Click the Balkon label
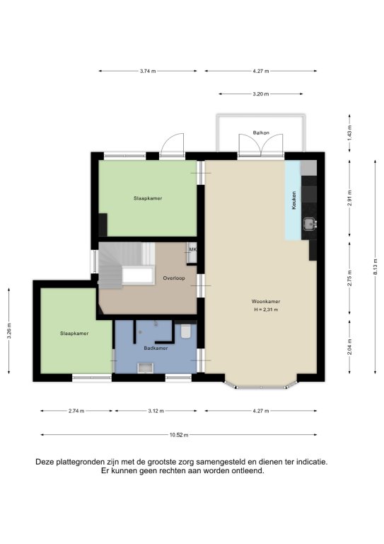coord(261,132)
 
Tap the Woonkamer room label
coord(266,302)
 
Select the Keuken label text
coord(294,200)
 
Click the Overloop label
coord(174,278)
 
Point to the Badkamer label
coord(156,348)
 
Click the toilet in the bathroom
coord(186,331)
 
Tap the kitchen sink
coord(309,224)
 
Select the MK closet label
coord(192,249)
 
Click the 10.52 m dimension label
coord(179,435)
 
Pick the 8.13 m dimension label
coord(376,266)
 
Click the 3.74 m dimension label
coord(148,71)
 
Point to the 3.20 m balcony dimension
coord(261,94)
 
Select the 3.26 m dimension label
coord(9,331)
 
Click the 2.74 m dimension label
coord(76,411)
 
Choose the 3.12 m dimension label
coord(156,411)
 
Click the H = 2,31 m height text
coord(266,310)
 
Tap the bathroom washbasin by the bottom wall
coord(146,368)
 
